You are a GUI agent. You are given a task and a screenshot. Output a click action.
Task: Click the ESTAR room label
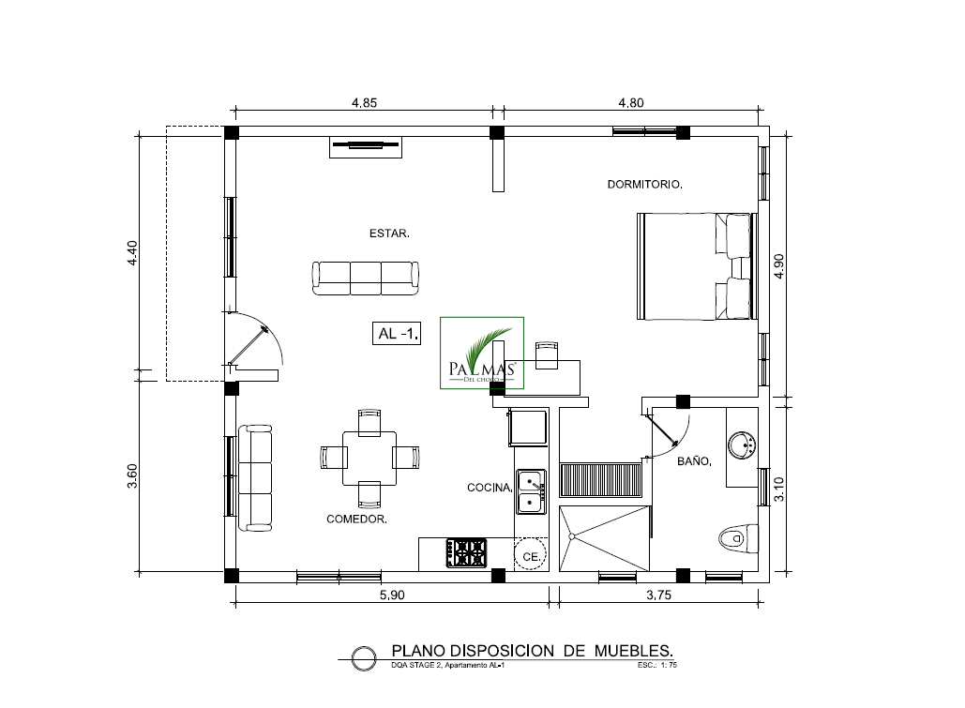pos(389,233)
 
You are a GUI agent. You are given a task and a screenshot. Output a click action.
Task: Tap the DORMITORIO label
pos(644,184)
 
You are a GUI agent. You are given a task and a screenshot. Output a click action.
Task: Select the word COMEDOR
pos(356,519)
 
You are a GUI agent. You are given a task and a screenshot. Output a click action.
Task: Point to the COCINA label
pos(490,488)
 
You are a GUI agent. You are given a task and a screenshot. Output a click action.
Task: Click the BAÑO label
pos(694,460)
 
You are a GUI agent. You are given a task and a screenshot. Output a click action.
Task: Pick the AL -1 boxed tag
pos(397,333)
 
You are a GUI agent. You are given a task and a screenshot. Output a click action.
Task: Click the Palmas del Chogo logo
pos(482,353)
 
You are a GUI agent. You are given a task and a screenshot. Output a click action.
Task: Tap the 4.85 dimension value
pos(364,103)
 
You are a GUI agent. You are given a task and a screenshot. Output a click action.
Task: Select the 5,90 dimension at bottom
pos(392,595)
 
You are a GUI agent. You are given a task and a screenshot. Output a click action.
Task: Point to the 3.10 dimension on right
pos(778,490)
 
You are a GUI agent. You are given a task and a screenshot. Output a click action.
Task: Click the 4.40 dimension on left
pos(131,252)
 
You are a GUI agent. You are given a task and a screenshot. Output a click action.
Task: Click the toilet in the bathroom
pos(739,538)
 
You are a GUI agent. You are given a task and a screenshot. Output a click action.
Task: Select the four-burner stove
pos(466,553)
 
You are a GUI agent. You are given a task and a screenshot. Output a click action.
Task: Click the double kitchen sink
pos(531,492)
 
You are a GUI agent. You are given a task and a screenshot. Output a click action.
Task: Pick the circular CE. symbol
pos(530,555)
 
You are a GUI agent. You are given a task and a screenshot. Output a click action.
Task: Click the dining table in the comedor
pos(369,458)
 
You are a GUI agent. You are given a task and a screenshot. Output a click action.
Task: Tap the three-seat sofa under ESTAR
pos(366,279)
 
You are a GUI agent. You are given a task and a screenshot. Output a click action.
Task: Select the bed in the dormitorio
pos(697,266)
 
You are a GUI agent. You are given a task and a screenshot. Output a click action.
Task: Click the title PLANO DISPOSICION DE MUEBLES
pos(533,651)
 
